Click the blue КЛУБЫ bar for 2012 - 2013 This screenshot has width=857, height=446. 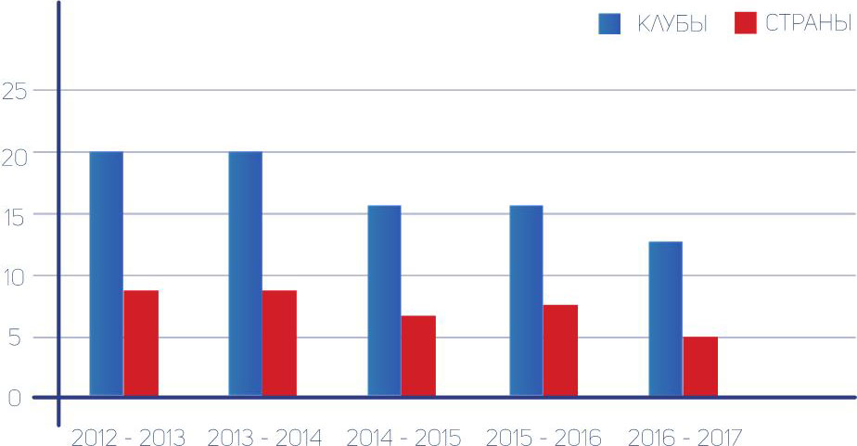tap(106, 274)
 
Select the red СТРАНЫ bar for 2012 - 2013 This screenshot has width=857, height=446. tap(141, 344)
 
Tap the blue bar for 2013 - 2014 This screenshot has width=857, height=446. tap(245, 274)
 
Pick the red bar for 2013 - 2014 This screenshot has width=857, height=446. tap(279, 344)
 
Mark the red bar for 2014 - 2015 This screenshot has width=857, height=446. tap(418, 356)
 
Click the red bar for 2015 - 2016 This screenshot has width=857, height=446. tap(560, 350)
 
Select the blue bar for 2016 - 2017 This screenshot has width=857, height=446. tap(665, 319)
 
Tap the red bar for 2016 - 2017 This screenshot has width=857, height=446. tap(700, 366)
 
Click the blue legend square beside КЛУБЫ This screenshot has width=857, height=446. tap(609, 23)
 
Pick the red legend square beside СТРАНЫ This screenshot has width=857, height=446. tap(746, 23)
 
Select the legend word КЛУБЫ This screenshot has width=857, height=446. tap(672, 25)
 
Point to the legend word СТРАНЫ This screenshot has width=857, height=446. tap(809, 25)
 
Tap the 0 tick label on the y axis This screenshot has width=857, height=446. tap(13, 398)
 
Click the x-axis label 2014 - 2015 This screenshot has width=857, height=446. tap(403, 437)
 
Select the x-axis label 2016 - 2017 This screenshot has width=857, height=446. tap(684, 437)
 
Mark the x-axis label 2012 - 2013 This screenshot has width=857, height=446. tap(127, 437)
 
